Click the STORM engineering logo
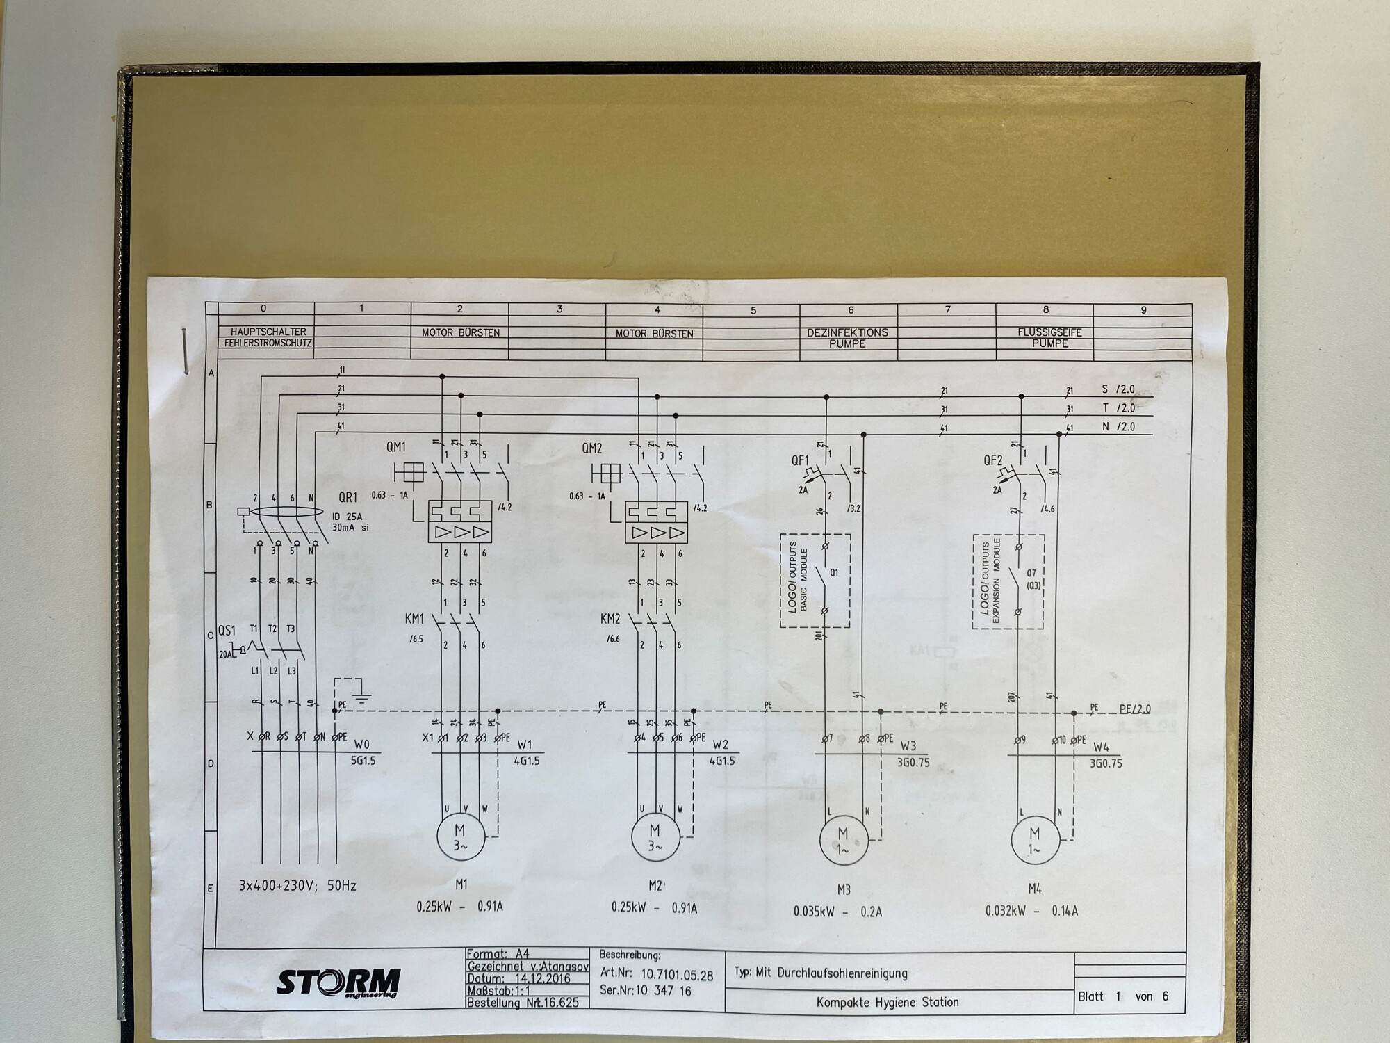coord(339,983)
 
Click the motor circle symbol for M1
coord(460,838)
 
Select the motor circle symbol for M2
coord(655,838)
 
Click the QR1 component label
coord(347,498)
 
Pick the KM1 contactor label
coord(415,618)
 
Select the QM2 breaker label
coord(591,449)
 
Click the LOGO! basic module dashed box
coord(815,581)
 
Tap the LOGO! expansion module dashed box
coord(1008,581)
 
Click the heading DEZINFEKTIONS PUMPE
coord(847,338)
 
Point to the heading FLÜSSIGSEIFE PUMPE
coord(1049,338)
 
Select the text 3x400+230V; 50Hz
coord(297,886)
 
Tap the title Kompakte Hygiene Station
coord(888,1002)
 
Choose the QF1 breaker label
coord(800,460)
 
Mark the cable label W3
coord(908,746)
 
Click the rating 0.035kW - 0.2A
coord(837,912)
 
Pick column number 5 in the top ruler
coord(753,310)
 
